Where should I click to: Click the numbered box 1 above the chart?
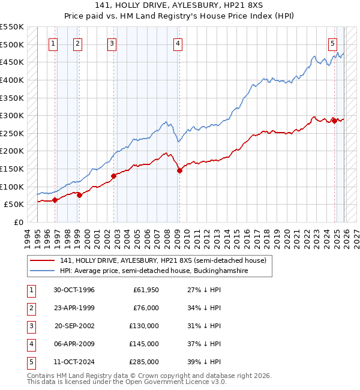[53, 43]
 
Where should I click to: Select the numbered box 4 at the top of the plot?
[179, 43]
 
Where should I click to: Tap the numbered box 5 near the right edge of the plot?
[332, 43]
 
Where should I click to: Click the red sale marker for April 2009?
[179, 171]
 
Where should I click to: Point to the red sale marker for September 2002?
[113, 176]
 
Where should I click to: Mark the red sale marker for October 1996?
[55, 200]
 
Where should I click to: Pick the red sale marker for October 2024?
[334, 121]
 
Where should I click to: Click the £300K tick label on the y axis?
[12, 115]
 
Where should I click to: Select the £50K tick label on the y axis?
[14, 205]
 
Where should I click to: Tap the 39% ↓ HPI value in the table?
[204, 362]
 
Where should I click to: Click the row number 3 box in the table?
[29, 326]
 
